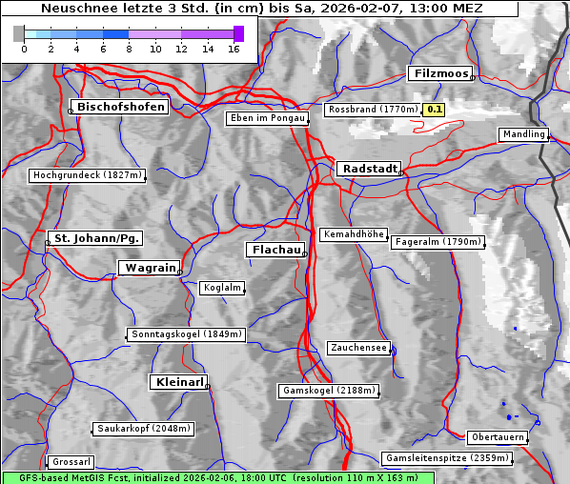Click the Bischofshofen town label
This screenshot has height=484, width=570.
click(x=122, y=108)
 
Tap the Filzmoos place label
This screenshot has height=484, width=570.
click(x=440, y=73)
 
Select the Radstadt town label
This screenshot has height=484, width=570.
click(x=368, y=169)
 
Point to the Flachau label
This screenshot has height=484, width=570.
click(x=275, y=250)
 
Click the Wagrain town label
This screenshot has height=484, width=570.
click(x=149, y=269)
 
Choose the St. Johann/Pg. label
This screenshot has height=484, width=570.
click(x=96, y=237)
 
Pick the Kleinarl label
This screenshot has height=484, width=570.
click(x=178, y=382)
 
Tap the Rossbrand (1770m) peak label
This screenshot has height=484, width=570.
click(x=372, y=110)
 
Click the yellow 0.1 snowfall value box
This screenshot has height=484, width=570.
click(x=435, y=110)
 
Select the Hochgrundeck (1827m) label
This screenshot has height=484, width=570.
click(x=87, y=175)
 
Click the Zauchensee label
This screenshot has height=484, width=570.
click(x=358, y=348)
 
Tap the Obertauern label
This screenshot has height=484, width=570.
click(x=498, y=437)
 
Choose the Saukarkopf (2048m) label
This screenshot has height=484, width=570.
click(x=144, y=429)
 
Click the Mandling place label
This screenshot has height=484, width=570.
click(x=523, y=134)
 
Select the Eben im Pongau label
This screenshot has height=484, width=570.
click(x=267, y=118)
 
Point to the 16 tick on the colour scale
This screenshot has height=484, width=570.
click(x=234, y=49)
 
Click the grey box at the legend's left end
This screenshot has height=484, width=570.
click(x=19, y=33)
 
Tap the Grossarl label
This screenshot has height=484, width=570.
click(x=70, y=462)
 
